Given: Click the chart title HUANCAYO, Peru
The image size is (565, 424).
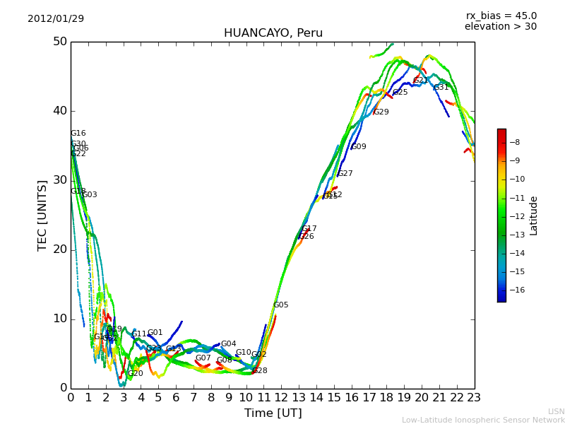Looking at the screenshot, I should [273, 33].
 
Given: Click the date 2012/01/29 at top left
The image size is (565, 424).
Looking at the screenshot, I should [56, 18].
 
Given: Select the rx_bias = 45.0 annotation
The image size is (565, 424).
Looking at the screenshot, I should [501, 16].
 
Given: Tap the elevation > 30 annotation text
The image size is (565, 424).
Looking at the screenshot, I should [500, 27].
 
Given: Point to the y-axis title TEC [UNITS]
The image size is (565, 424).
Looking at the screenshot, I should [43, 216].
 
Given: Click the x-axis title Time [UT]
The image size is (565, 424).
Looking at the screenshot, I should [273, 413].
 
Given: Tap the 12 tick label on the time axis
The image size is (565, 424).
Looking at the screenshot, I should [281, 398].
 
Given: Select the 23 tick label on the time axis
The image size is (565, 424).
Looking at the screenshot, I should [475, 398].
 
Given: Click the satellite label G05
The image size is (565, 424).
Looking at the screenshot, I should [280, 305].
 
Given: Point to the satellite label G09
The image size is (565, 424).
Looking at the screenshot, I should [359, 147].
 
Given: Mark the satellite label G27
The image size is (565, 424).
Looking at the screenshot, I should [345, 174].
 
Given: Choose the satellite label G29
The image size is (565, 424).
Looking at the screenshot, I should [381, 112].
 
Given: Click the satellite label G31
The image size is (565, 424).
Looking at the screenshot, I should [441, 88].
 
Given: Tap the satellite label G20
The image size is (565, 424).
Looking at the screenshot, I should [135, 374].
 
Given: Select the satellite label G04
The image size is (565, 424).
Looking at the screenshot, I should [228, 344].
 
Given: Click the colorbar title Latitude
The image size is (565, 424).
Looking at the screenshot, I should [534, 216].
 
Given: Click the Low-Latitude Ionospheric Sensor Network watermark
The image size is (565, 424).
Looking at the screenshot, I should [483, 420].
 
